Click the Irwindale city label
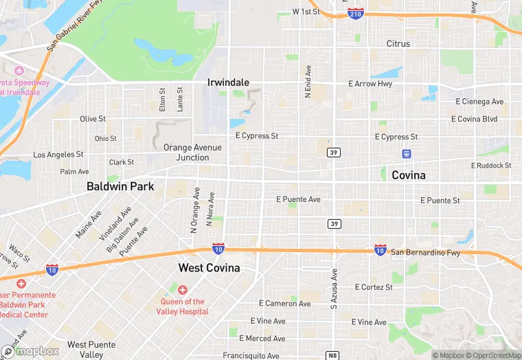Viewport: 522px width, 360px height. (228, 82)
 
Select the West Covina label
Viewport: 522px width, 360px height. (209, 267)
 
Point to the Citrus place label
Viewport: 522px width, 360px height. (398, 44)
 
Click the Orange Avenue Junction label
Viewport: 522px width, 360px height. (192, 152)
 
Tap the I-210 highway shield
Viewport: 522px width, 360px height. (356, 14)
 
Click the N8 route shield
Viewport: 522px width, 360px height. (332, 355)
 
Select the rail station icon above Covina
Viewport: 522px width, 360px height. (407, 154)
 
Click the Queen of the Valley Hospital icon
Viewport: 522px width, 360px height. (183, 289)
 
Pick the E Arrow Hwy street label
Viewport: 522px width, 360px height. (370, 84)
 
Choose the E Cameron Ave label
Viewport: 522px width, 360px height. (287, 303)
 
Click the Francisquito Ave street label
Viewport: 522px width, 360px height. (251, 356)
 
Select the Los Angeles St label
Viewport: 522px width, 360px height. (58, 155)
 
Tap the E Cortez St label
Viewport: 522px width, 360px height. (374, 286)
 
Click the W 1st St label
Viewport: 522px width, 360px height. (306, 12)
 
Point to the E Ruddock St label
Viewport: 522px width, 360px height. (491, 166)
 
